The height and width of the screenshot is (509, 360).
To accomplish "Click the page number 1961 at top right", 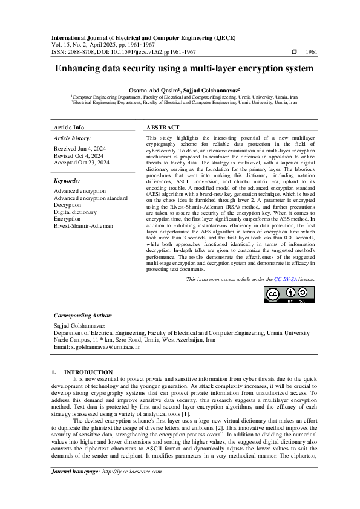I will coord(312,52).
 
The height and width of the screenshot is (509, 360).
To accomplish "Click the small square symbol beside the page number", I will coord(294,52).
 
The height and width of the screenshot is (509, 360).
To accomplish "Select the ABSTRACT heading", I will coord(163,128).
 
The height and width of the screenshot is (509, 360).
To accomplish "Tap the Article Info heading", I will coord(69,128).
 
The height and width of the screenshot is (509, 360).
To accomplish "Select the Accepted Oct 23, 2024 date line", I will coord(82,163).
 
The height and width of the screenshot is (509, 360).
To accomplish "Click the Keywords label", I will coord(67,181).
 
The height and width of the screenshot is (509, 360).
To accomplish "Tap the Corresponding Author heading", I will coord(82,315).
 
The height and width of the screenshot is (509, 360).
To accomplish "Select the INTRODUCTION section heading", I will coord(88,372).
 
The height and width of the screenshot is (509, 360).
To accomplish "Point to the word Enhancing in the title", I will coord(77,68).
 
